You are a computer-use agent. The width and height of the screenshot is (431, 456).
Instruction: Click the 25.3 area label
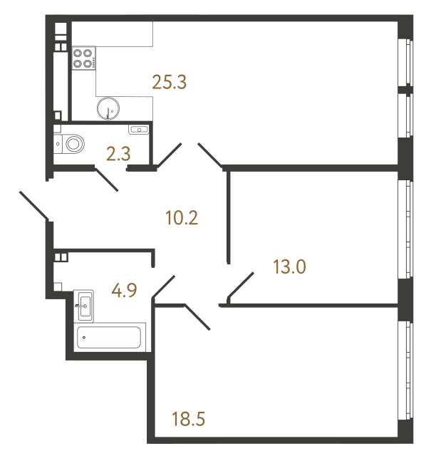(x=170, y=82)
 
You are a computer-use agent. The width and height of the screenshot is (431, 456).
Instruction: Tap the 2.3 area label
(x=118, y=154)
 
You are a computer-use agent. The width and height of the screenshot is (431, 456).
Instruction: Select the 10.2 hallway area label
(x=182, y=218)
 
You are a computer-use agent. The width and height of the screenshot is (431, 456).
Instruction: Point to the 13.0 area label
(x=290, y=267)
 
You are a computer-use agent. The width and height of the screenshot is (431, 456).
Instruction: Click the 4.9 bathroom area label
(x=124, y=290)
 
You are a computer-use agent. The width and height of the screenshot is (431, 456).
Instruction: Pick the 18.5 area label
(x=189, y=419)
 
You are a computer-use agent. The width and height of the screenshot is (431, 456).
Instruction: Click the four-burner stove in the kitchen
(x=84, y=58)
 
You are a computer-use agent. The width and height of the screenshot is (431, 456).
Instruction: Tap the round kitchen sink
(x=108, y=108)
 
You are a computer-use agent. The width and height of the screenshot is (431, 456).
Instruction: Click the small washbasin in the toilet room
(x=139, y=130)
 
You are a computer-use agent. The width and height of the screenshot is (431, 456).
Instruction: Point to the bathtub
(x=110, y=337)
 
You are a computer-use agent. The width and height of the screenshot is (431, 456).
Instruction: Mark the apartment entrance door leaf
(x=33, y=205)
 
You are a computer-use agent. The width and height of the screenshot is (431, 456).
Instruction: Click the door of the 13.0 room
(x=240, y=286)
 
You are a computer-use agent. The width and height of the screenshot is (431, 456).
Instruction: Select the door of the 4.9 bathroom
(x=163, y=286)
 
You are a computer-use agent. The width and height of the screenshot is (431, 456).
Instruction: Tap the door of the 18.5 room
(x=197, y=317)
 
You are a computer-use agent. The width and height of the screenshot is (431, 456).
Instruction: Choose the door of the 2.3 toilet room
(x=106, y=180)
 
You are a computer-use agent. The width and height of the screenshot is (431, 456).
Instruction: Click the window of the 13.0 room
(x=405, y=229)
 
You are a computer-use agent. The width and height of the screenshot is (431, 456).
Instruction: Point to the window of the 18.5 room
(x=405, y=370)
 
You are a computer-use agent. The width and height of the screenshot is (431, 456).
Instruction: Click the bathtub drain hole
(x=84, y=337)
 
